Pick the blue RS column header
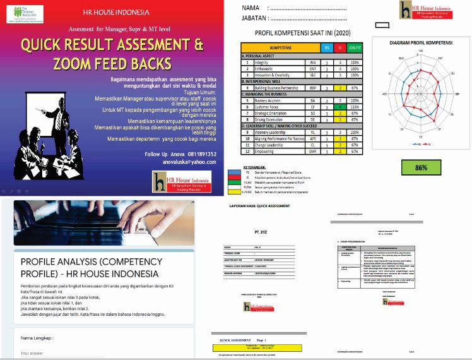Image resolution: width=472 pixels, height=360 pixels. click(x=326, y=47)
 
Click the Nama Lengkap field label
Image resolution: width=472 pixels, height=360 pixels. click(x=37, y=338)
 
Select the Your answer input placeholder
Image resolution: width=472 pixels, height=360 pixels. click(x=33, y=353)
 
